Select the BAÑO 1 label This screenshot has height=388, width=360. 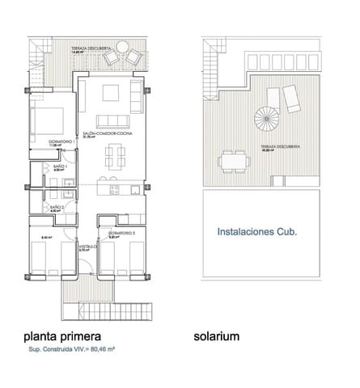pyautogui.click(x=59, y=167)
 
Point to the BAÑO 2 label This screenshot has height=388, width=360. pyautogui.click(x=56, y=208)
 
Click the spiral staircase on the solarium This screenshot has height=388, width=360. pyautogui.click(x=268, y=124)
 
